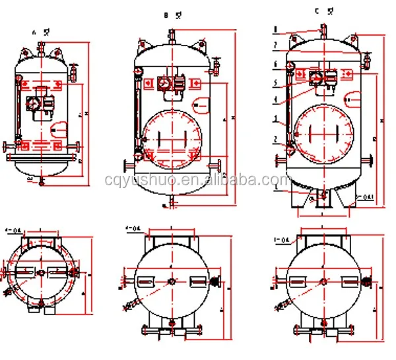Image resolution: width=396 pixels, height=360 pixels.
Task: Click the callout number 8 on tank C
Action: click(275, 30)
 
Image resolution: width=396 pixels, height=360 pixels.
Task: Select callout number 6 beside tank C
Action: click(275, 63)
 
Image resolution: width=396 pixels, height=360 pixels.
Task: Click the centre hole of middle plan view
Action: click(172, 282)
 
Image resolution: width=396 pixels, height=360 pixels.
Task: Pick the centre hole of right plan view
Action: click(323, 282)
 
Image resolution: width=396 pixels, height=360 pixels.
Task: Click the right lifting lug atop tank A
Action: click(57, 50)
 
